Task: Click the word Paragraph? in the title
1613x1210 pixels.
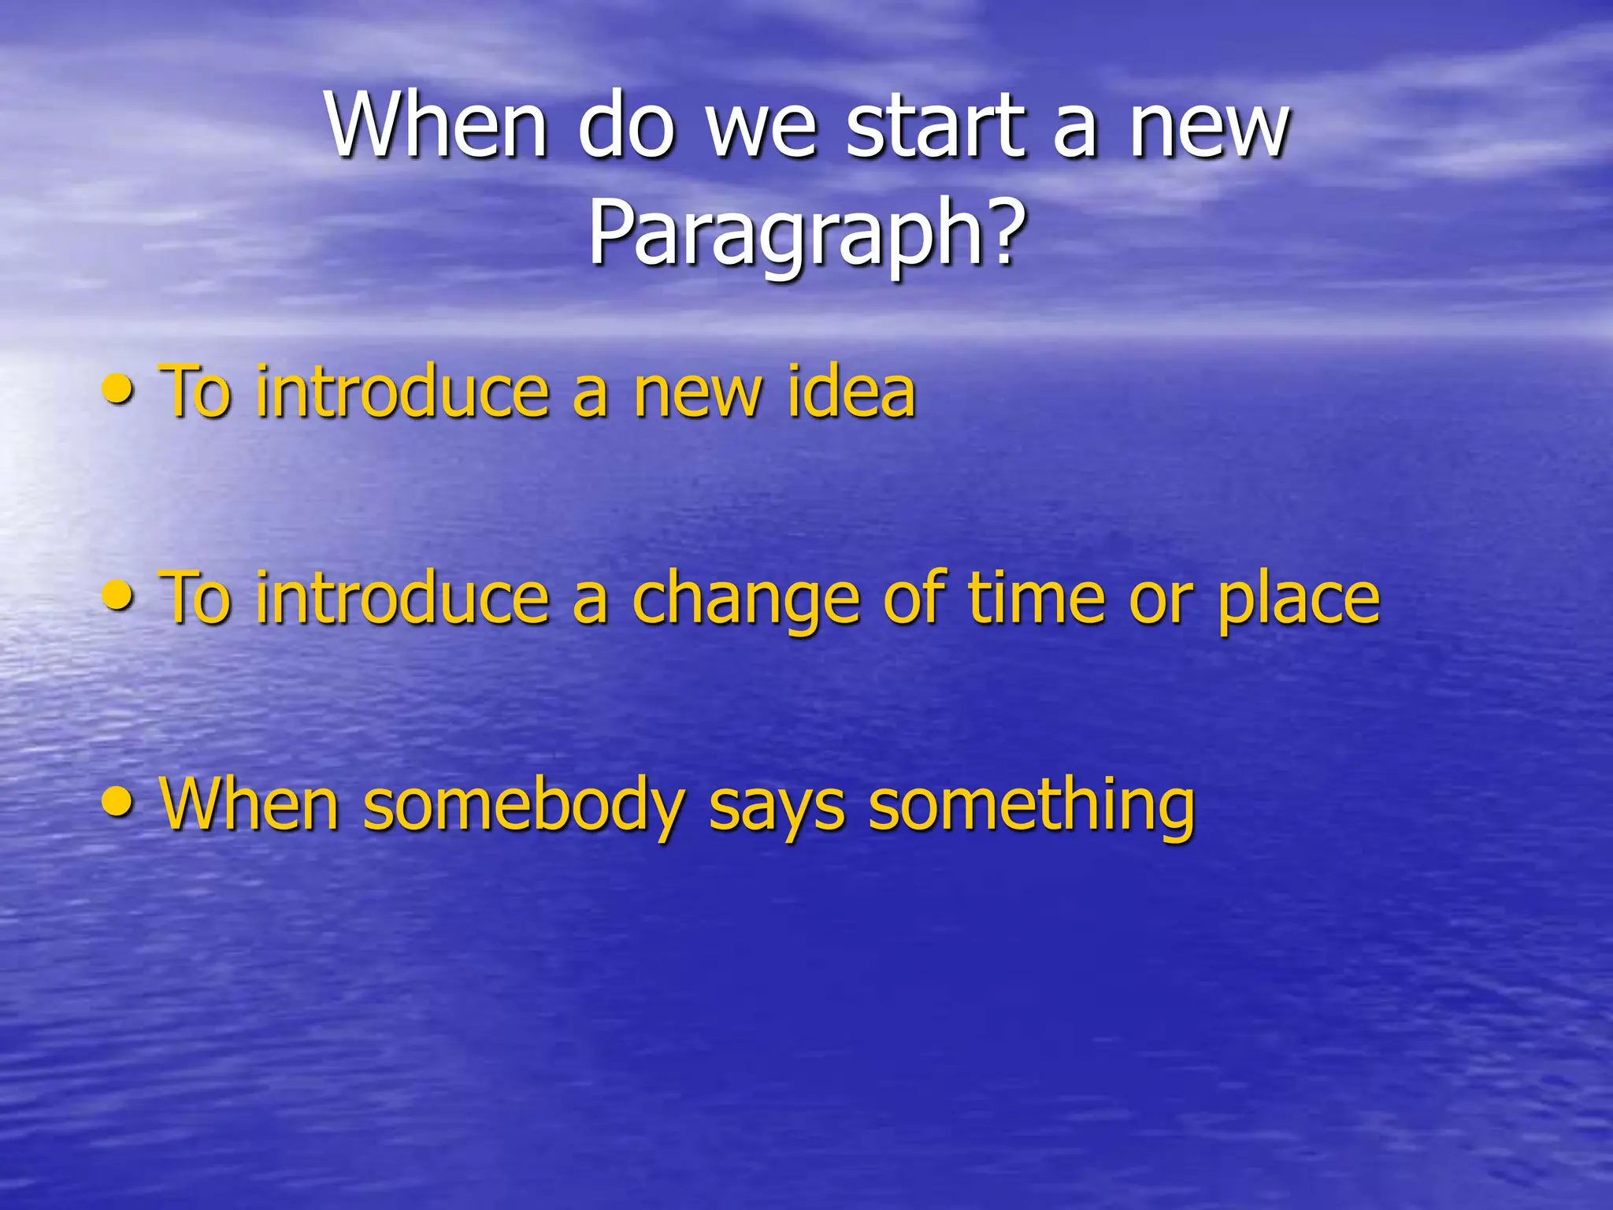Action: point(808,233)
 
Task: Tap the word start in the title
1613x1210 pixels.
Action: point(937,126)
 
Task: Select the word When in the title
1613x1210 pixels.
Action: point(437,126)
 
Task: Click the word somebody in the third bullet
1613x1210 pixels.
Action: point(524,805)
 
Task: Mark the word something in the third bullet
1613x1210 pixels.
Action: point(1031,805)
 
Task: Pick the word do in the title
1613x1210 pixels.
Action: point(626,126)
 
